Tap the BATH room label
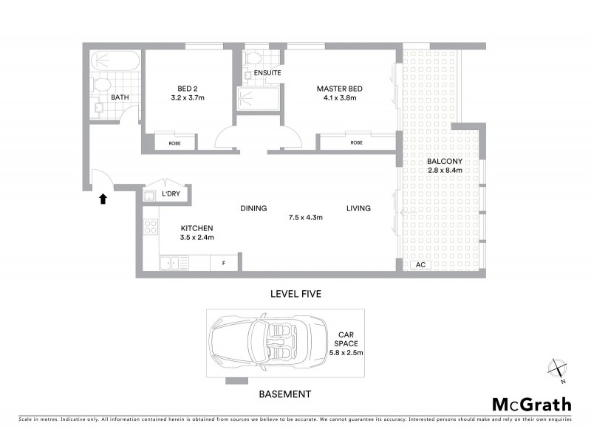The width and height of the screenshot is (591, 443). coord(120,97)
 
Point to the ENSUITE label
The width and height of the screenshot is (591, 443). coord(266,74)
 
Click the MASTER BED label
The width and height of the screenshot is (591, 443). coord(340,89)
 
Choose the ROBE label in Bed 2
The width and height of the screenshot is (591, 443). coord(175,142)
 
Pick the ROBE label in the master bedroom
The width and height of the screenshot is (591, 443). coord(357,142)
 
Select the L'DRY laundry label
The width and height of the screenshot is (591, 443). coord(171,194)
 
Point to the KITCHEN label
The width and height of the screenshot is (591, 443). coord(197,228)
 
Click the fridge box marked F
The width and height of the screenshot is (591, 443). coord(224,263)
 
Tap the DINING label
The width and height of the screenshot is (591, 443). coord(253,208)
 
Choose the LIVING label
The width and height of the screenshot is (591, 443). coord(358,208)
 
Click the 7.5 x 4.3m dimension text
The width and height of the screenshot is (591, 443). coord(305,217)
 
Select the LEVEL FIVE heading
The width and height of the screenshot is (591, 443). coord(295,294)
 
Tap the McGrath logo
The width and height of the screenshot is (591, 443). coord(531,404)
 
